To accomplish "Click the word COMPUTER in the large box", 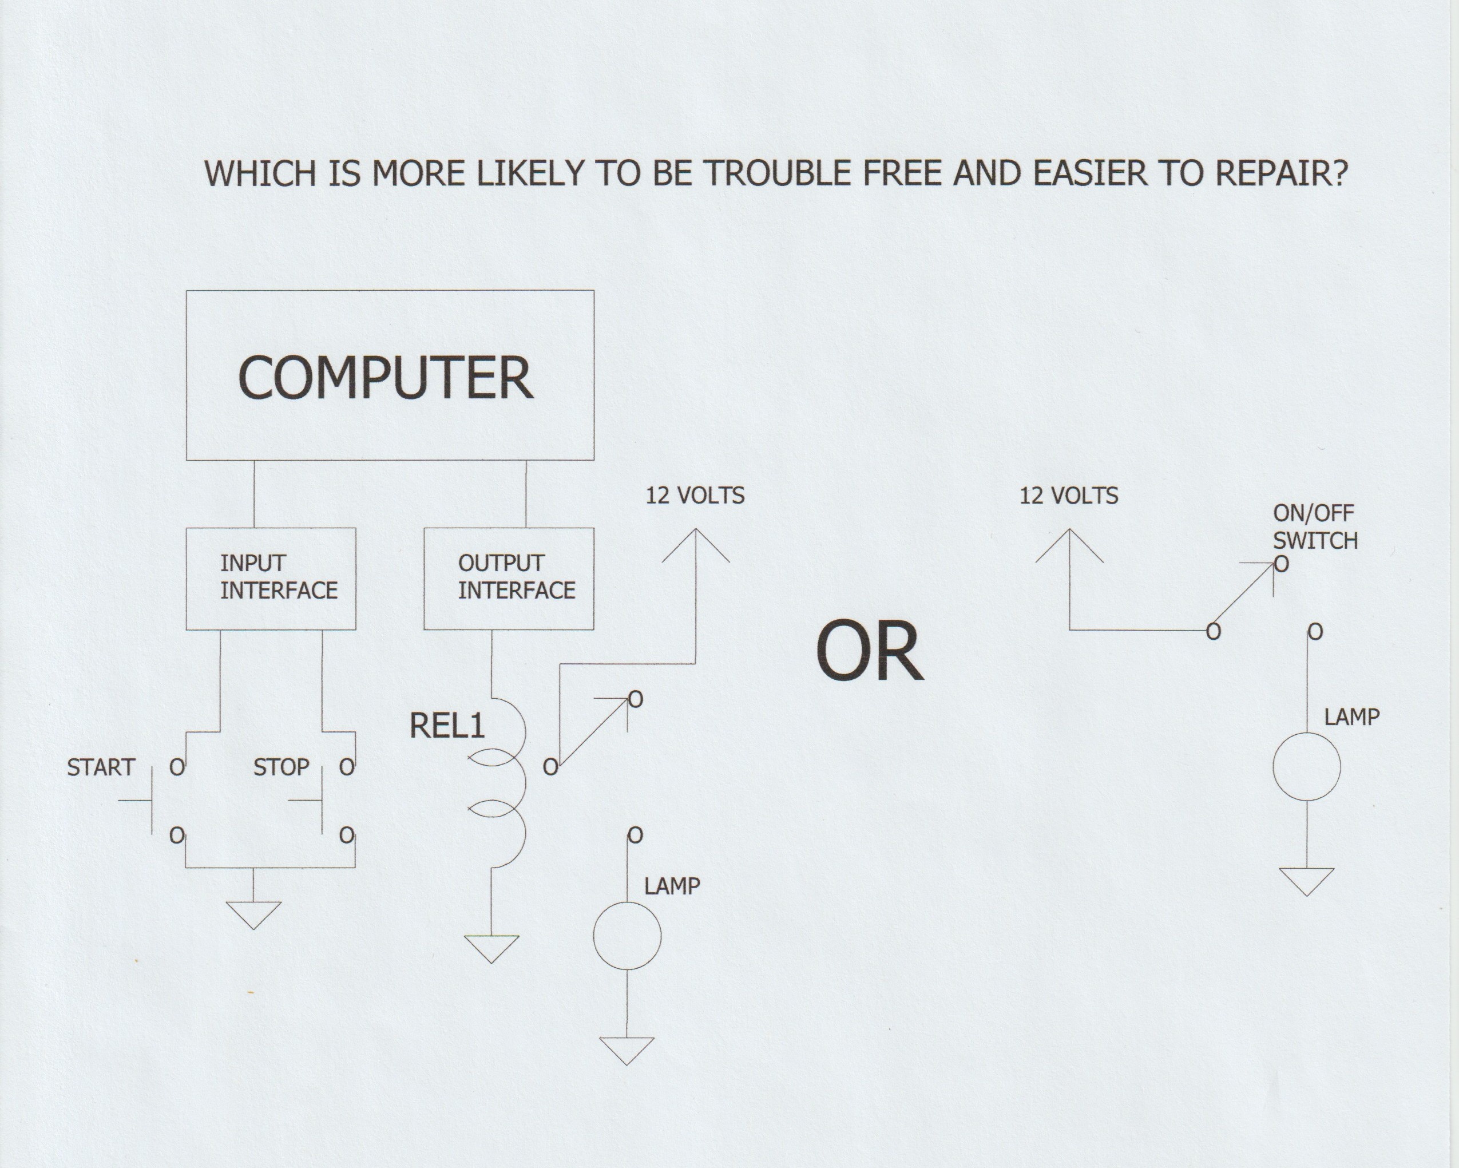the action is tap(386, 378).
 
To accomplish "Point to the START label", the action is tap(101, 767).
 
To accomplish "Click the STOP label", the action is tap(281, 767).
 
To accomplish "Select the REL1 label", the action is tap(447, 726).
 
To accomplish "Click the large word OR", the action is tap(870, 652).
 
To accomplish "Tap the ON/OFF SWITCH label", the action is tap(1315, 527).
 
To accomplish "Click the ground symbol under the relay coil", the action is tap(492, 949).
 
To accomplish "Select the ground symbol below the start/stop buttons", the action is tap(254, 915).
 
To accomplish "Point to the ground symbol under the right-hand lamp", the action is tap(1307, 882).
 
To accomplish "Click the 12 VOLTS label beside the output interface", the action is tap(695, 496).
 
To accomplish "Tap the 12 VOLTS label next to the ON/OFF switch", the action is tap(1069, 496).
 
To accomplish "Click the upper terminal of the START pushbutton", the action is tap(177, 767).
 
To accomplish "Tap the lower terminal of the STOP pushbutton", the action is tap(347, 836).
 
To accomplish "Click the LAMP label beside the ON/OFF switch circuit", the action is tap(1352, 716).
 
